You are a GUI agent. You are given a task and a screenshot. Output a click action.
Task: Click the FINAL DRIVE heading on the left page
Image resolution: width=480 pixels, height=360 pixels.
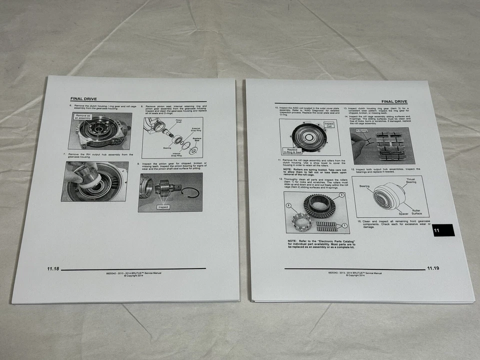[x=83, y=98]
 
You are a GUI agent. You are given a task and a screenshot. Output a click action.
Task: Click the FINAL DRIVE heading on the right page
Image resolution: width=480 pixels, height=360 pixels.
[x=394, y=101]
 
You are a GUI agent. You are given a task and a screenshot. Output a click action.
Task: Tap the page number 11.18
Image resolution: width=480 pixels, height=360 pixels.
[x=53, y=269]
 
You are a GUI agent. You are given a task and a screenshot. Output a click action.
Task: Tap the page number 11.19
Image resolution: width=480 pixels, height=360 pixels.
[x=433, y=268]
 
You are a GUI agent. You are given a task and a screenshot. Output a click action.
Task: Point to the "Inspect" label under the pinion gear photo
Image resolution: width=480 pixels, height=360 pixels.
[x=163, y=206]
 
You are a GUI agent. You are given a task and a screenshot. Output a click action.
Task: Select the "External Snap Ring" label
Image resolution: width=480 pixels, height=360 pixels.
[x=195, y=131]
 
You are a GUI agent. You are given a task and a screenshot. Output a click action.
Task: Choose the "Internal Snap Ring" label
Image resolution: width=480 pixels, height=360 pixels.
[x=176, y=155]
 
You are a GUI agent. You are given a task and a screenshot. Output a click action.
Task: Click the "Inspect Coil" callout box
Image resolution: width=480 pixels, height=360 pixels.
[x=328, y=124]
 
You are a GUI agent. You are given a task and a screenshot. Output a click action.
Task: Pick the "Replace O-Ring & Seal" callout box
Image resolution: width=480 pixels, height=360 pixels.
[x=291, y=150]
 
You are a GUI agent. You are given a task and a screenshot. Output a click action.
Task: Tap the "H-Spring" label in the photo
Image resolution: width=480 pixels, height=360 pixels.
[x=361, y=130]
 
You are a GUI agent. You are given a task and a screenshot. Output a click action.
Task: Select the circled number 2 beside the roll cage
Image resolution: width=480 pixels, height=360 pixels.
[x=288, y=205]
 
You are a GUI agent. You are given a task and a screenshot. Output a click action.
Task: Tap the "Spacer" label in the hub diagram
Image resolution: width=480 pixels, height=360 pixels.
[x=389, y=212]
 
